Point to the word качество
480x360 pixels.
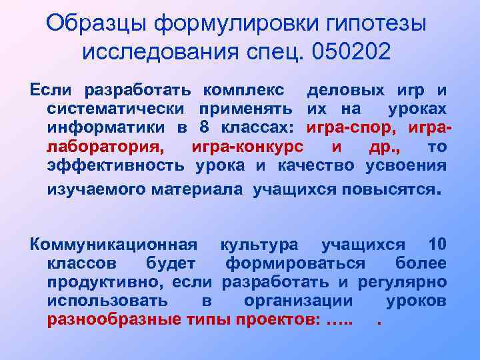pos(315,166)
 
